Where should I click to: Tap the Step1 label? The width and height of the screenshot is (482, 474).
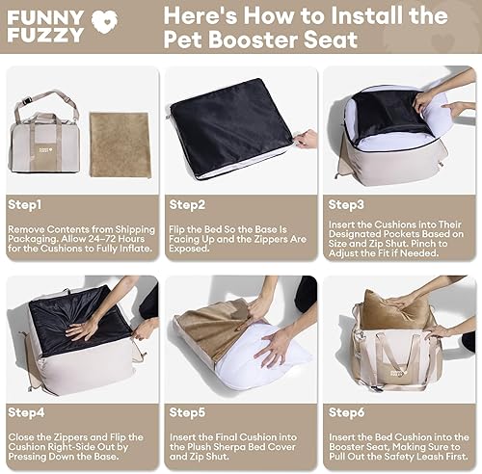[30, 203]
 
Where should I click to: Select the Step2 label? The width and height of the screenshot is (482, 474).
[188, 203]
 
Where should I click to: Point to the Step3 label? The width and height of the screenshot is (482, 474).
[347, 203]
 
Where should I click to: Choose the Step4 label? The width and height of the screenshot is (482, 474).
[30, 411]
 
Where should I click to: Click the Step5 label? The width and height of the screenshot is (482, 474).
[188, 411]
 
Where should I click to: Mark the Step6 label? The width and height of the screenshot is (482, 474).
[347, 411]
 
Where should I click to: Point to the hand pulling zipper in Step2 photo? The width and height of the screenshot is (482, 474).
[307, 139]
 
